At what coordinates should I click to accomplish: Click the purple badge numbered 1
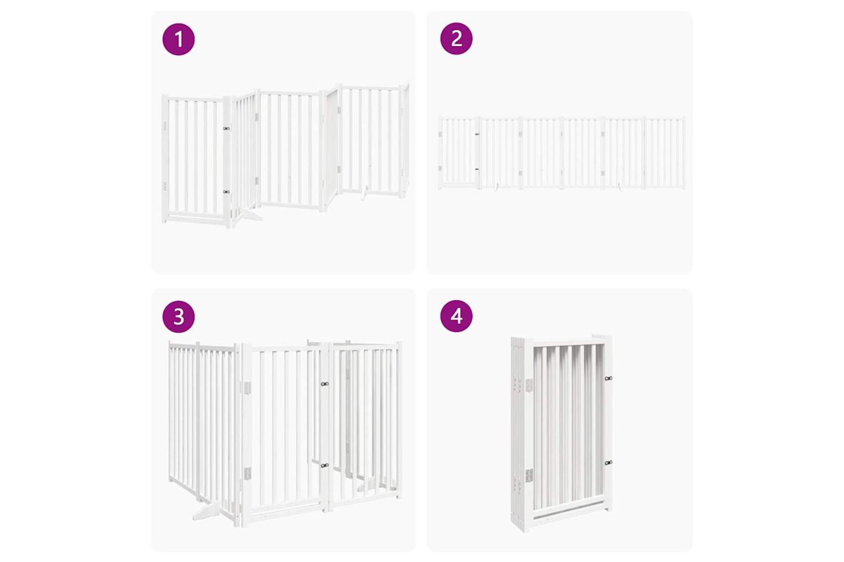pos(178,39)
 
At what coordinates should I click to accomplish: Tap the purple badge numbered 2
pos(456,39)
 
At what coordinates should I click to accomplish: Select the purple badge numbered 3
pos(178,316)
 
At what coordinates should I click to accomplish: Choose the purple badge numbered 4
pos(456,316)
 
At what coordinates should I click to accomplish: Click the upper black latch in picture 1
pos(226,128)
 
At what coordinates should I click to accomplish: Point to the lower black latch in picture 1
pos(226,192)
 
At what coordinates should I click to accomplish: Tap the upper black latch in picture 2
pos(477,134)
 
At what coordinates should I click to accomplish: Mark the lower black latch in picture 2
pos(477,169)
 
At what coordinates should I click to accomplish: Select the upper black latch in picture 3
pos(325,384)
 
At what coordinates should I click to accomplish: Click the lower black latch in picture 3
pos(325,466)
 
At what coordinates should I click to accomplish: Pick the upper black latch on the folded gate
pos(608,378)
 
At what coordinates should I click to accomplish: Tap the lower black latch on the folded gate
pos(608,463)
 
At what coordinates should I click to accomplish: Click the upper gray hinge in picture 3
pos(247,388)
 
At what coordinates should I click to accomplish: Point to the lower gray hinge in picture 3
pos(247,474)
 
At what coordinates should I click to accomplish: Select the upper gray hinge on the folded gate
pos(529,385)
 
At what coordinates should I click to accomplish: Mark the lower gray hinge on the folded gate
pos(529,475)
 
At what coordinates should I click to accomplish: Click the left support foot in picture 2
pos(497,186)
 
